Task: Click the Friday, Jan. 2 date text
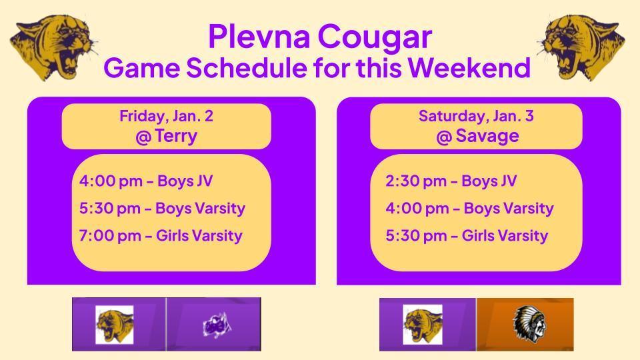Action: click(166, 116)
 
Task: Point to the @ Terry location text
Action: click(166, 137)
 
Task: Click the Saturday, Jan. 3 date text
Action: click(476, 116)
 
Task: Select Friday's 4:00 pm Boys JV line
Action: click(146, 181)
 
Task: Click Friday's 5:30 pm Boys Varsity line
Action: click(162, 208)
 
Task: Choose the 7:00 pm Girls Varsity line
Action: click(161, 235)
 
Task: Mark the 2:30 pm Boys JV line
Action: click(451, 181)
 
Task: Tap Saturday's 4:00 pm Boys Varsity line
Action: click(469, 208)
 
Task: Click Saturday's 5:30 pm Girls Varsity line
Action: click(467, 235)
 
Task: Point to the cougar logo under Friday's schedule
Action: click(114, 324)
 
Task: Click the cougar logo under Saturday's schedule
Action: click(423, 324)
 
